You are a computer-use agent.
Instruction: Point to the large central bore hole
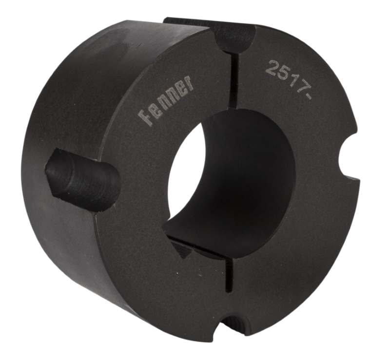pyautogui.click(x=229, y=175)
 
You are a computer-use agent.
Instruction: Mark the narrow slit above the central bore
pyautogui.click(x=233, y=80)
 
